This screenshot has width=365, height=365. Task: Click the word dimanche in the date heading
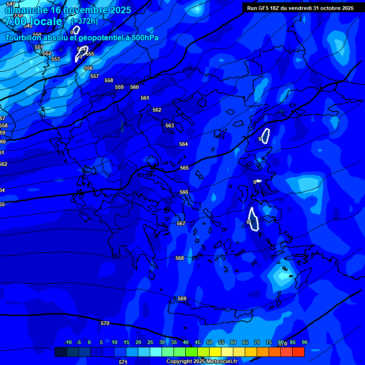coord(26,10)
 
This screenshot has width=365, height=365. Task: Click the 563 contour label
coord(170,126)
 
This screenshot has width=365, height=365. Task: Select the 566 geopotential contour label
coord(184,192)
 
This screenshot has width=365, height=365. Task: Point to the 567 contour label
coord(181,224)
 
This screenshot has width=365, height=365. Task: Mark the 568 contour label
coord(179,259)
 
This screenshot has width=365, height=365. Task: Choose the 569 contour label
coord(182,299)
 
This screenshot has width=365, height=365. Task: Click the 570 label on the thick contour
coord(105,324)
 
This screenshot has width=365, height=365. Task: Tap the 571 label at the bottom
coord(123,362)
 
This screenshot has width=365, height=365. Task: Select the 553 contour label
coord(56,59)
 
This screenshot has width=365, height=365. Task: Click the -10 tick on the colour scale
coord(67,343)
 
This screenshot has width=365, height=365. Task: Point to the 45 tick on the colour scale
coord(198,343)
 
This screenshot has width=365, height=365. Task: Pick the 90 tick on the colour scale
coord(304,343)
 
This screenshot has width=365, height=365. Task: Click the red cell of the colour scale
coord(298,352)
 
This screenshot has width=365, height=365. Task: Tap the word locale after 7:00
coord(45,21)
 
